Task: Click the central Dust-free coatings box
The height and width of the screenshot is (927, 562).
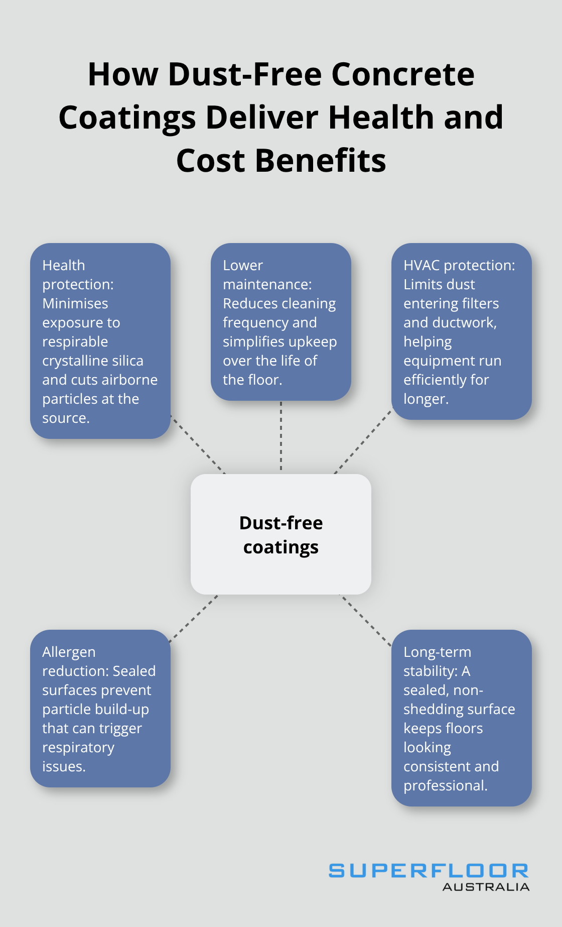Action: [x=281, y=534]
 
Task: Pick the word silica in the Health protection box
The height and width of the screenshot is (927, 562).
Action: [x=127, y=361]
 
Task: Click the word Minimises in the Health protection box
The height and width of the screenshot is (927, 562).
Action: [x=75, y=304]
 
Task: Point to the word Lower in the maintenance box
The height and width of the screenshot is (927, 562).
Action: [x=243, y=266]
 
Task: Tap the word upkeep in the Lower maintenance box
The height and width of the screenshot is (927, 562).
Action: [x=315, y=342]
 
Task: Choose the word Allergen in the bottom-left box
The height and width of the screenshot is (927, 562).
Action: [x=69, y=652]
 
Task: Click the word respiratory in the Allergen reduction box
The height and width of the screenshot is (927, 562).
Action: [x=78, y=748]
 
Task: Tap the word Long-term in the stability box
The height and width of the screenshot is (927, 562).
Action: [x=438, y=652]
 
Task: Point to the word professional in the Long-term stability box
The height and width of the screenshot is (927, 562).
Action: [x=446, y=786]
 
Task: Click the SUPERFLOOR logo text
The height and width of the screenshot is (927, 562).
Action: [x=429, y=871]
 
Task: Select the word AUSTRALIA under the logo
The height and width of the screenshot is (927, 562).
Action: [x=486, y=887]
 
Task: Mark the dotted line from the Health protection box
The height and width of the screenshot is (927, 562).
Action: [x=198, y=444]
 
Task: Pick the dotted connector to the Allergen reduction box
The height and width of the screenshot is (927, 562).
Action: [x=194, y=619]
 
